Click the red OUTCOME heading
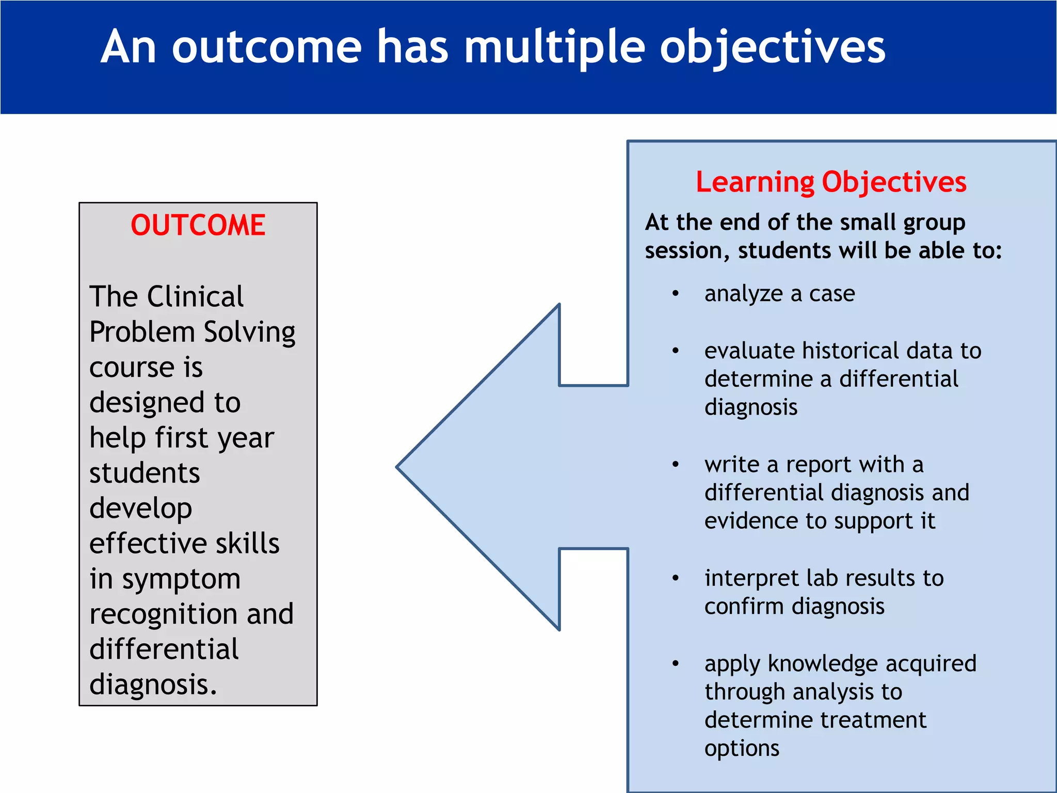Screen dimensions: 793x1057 198,226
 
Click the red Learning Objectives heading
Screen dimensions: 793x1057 831,182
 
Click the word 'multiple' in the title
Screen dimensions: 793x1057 555,47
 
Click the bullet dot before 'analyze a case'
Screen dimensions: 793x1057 676,294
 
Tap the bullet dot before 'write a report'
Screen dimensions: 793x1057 676,464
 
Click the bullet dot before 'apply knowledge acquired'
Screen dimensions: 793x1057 676,663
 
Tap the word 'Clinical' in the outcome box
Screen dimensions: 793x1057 195,297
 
